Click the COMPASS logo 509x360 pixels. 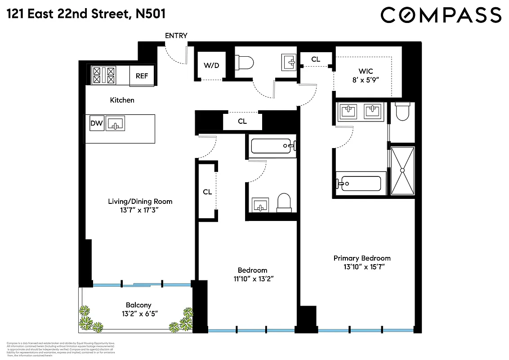click(x=441, y=15)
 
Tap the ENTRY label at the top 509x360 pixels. click(x=176, y=36)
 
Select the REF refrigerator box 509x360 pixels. click(x=142, y=76)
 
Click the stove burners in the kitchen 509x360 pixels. click(x=104, y=75)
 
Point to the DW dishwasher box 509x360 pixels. click(x=96, y=123)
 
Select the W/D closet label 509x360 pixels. click(x=211, y=66)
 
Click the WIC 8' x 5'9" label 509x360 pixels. click(x=367, y=76)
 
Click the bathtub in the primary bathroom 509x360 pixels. click(x=360, y=184)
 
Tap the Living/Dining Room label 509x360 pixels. click(x=140, y=201)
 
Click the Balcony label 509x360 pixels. click(x=138, y=305)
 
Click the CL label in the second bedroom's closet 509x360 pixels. click(x=207, y=192)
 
